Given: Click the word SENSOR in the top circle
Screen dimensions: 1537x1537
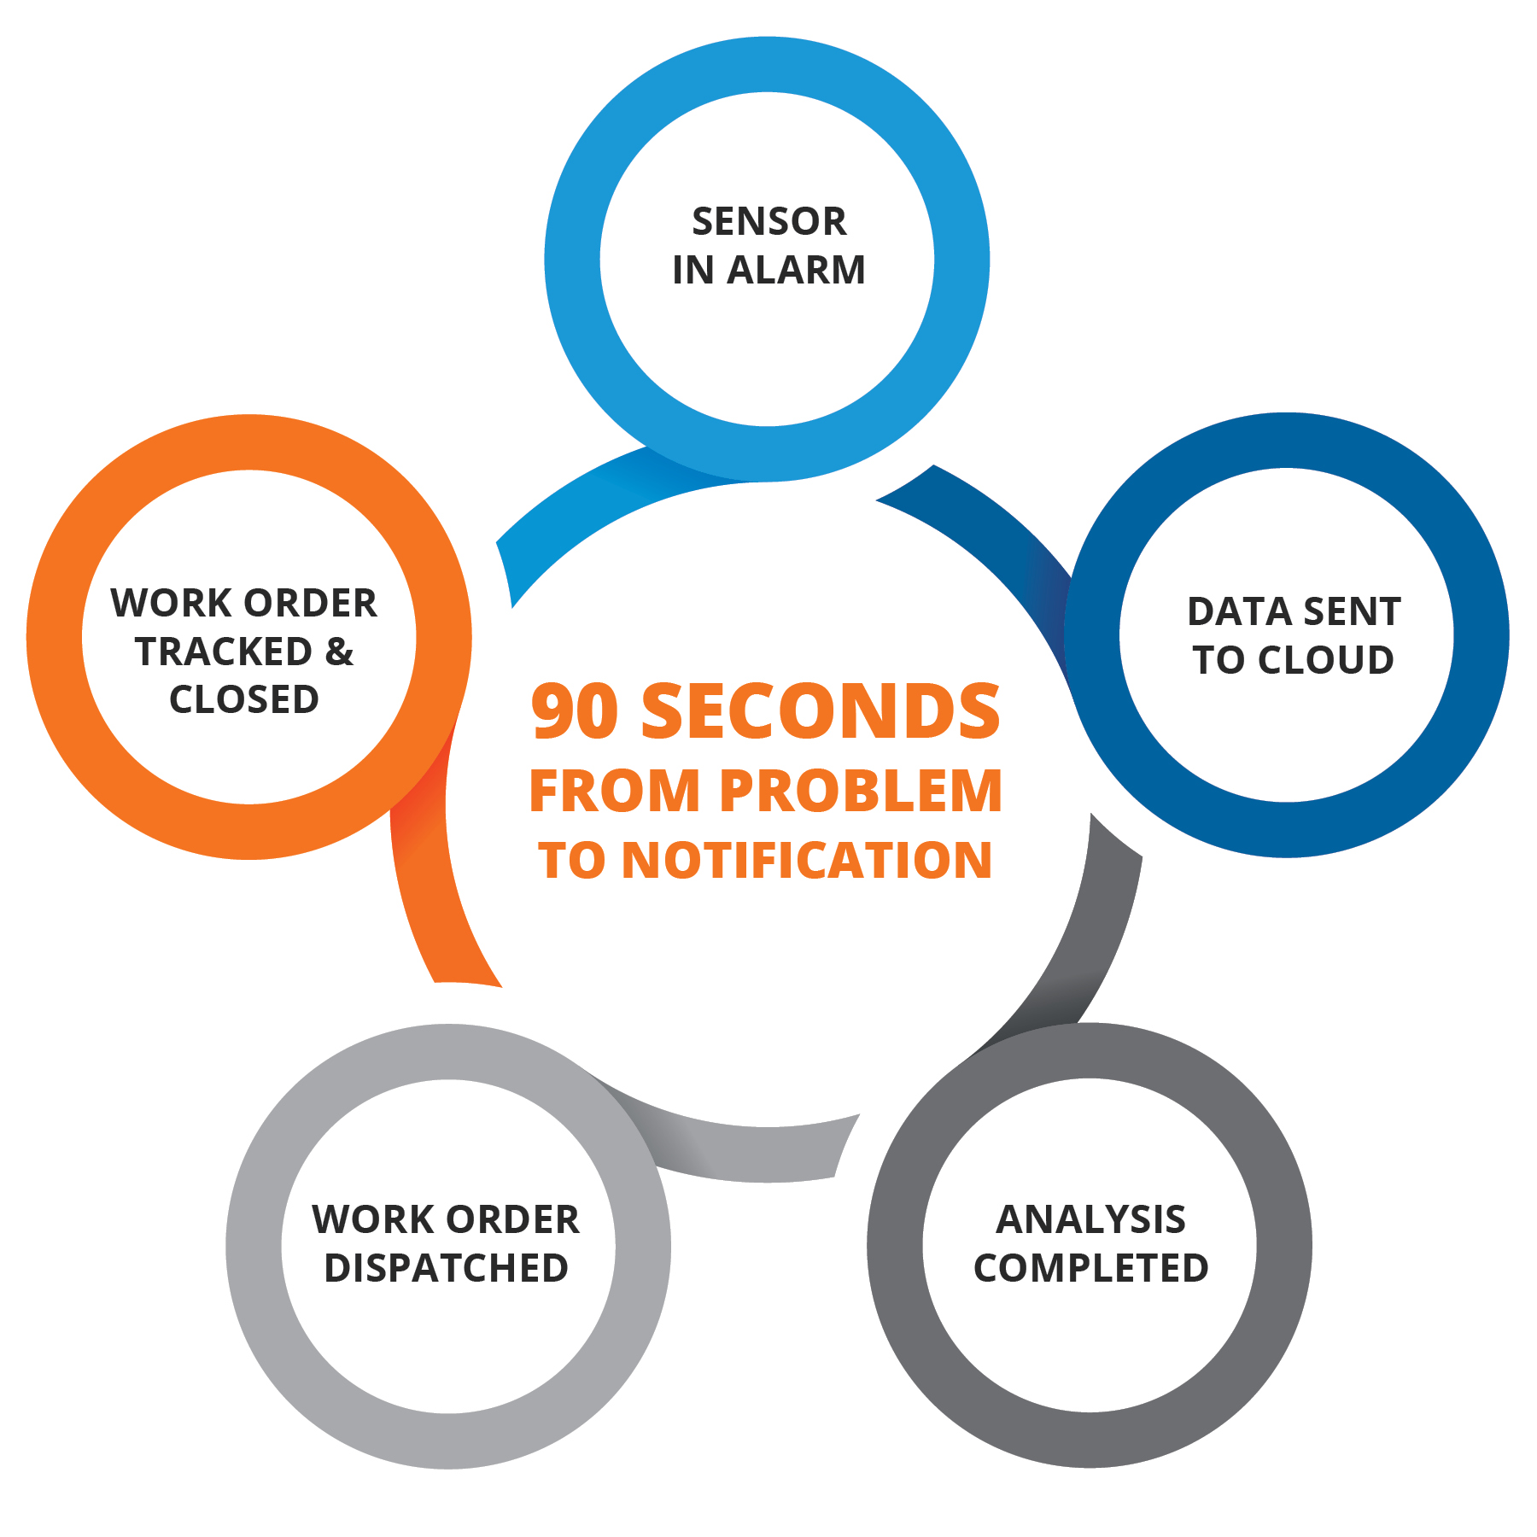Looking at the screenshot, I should [x=768, y=222].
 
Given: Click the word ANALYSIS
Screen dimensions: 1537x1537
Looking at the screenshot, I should [x=1090, y=1219].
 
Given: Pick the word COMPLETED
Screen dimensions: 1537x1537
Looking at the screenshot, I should [x=1090, y=1268].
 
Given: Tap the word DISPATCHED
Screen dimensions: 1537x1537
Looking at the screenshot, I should [x=446, y=1268].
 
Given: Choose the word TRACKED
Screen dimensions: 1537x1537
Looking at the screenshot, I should [x=224, y=652].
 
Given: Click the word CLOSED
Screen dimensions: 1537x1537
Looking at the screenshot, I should [x=244, y=700].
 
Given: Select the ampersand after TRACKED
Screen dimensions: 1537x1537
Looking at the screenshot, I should [x=339, y=652].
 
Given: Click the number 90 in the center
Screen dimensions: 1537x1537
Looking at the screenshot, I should [x=574, y=711].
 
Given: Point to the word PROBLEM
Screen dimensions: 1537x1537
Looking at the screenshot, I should [x=861, y=791].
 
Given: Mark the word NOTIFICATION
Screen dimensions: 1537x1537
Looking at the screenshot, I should [x=807, y=860].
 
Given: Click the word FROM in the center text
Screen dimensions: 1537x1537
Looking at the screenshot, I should [x=615, y=791].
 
